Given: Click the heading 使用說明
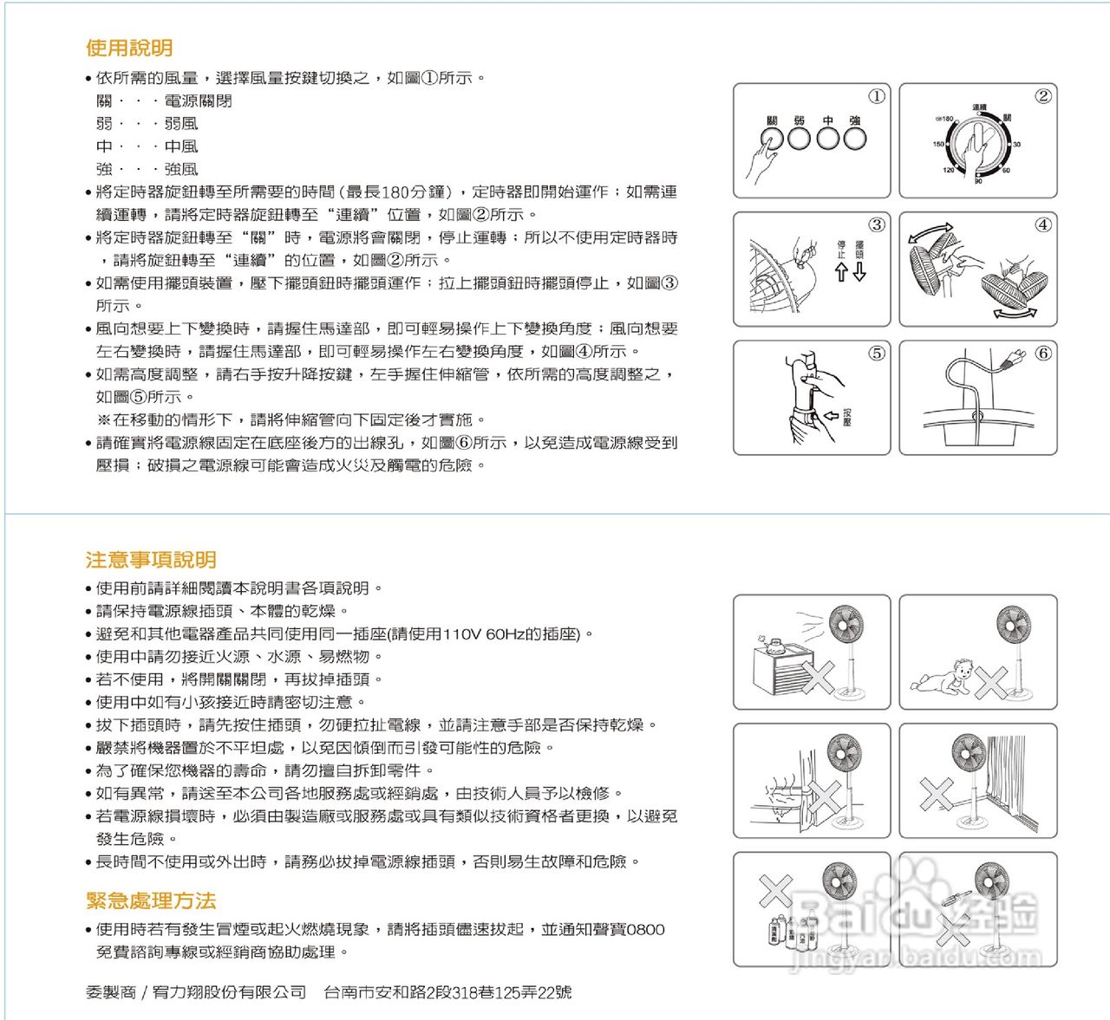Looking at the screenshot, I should (129, 48).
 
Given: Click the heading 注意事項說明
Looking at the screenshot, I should (151, 560).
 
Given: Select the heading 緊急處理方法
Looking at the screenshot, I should (151, 901).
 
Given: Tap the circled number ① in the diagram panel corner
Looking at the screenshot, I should (877, 96).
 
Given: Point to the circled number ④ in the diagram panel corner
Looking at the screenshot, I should (1043, 224).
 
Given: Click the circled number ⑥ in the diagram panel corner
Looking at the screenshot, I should (1043, 353).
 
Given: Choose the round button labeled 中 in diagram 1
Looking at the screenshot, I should (827, 138).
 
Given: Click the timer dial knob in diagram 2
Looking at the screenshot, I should (978, 144).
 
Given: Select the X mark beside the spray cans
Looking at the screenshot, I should (775, 891).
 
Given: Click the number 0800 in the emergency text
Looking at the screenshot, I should (645, 930).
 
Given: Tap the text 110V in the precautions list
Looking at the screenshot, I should (462, 634).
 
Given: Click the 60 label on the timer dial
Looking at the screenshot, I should (1006, 171).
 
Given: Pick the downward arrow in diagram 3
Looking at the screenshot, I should (859, 272).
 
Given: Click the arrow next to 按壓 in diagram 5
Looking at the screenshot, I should (830, 416).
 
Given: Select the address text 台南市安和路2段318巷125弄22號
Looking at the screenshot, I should (447, 993).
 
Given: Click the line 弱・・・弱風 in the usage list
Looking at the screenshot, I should (147, 124).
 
